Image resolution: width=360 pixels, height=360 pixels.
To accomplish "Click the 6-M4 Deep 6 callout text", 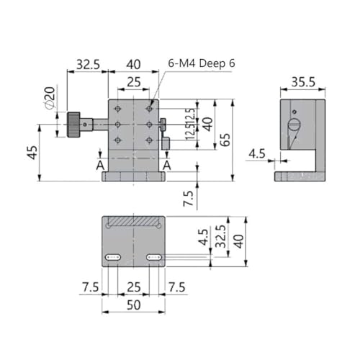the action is tap(202, 63).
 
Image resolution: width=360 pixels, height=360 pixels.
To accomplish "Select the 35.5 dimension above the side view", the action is tap(303, 82).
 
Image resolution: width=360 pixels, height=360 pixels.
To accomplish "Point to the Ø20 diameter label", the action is tap(50, 98).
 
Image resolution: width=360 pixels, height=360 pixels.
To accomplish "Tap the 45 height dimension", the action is tap(32, 153).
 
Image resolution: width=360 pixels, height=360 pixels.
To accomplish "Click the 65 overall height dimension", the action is tap(225, 140).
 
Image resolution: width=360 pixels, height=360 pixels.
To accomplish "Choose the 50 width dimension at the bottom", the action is tap(133, 305).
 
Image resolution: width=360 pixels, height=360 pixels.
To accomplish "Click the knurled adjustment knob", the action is tap(73, 125).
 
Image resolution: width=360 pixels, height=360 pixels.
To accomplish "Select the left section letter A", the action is tap(100, 166).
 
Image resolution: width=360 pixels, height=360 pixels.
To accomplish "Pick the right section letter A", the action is tap(167, 166).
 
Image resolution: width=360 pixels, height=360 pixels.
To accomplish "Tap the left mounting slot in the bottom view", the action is tap(113, 258).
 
